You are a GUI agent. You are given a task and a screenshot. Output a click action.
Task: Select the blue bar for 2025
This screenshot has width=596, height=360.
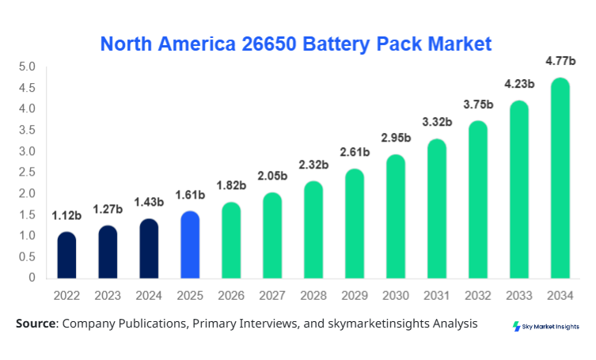(x=190, y=245)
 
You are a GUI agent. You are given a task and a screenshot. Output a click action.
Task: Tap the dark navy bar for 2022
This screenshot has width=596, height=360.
(x=67, y=255)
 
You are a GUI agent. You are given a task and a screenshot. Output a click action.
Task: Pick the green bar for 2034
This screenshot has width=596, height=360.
(x=560, y=178)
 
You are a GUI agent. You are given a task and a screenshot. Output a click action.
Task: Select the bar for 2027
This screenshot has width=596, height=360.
(x=272, y=236)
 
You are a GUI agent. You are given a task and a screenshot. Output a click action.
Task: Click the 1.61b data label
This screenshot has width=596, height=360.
(x=190, y=194)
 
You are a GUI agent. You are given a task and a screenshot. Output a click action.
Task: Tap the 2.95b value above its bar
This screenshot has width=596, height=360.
(x=396, y=138)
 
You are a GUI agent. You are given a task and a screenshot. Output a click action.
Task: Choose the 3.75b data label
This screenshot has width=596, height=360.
(x=478, y=104)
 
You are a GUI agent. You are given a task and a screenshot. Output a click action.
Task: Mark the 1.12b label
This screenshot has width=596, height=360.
(x=67, y=215)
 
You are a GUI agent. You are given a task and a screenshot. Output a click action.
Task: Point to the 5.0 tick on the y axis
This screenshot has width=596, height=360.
(x=27, y=66)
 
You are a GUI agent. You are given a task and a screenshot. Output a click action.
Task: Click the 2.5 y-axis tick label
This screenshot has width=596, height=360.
(x=27, y=172)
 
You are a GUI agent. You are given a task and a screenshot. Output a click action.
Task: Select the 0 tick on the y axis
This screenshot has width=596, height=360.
(x=32, y=278)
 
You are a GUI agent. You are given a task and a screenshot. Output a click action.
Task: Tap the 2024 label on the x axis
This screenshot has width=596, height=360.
(x=149, y=295)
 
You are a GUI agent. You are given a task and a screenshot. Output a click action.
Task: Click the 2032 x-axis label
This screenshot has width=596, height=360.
(x=478, y=295)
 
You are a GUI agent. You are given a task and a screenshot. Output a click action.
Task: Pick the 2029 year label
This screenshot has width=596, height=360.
(x=355, y=295)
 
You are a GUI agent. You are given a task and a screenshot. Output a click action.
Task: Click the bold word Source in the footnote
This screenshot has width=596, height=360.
(x=35, y=324)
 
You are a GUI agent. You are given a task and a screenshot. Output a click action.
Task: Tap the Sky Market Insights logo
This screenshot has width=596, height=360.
(x=546, y=326)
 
